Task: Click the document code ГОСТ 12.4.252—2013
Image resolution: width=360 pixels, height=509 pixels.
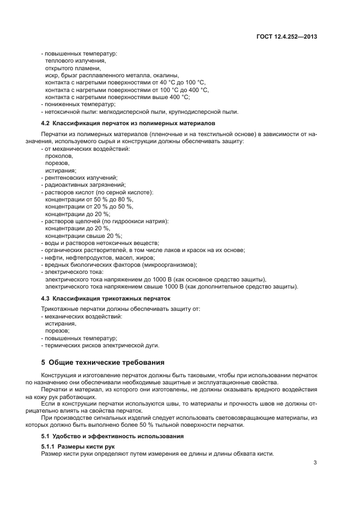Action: click(286, 38)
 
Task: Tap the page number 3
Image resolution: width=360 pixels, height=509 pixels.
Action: click(315, 463)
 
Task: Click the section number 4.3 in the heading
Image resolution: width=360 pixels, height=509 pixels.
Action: click(45, 298)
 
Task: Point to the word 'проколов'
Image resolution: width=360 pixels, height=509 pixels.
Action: click(58, 156)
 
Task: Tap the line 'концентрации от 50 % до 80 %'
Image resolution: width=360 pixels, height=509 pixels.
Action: click(89, 199)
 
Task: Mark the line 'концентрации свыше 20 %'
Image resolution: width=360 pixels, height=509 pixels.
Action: click(83, 235)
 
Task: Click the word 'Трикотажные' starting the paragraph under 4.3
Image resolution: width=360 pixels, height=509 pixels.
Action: click(58, 309)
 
